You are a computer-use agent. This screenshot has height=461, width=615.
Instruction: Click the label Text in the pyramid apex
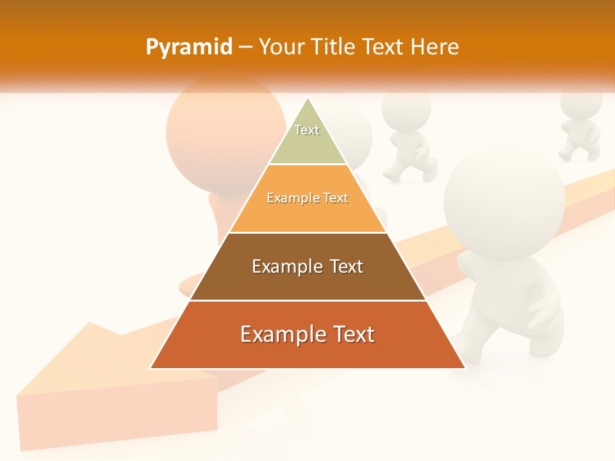click(x=307, y=130)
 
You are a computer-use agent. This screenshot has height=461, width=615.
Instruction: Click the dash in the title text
click(x=245, y=47)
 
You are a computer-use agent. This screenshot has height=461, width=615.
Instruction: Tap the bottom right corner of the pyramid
click(x=464, y=368)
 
